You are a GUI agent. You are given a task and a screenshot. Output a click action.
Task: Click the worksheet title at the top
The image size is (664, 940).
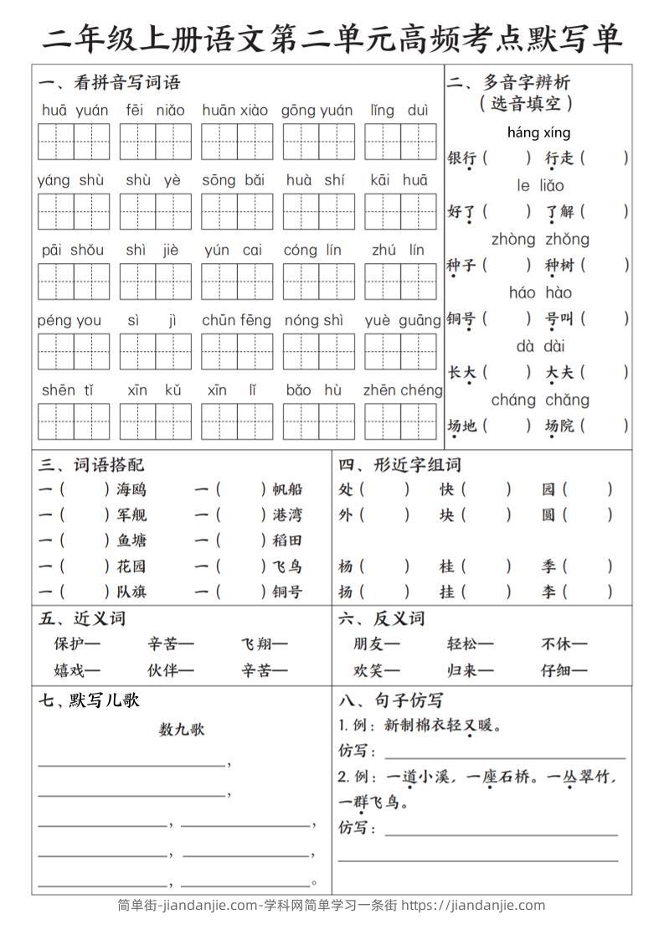(x=332, y=38)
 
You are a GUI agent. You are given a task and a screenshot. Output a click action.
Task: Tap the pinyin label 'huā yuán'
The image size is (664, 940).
(x=75, y=110)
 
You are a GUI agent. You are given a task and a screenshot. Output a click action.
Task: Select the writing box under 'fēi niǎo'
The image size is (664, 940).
(x=155, y=141)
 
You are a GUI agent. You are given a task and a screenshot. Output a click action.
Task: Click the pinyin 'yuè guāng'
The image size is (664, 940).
(x=403, y=320)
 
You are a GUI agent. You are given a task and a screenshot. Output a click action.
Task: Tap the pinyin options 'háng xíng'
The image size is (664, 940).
(x=538, y=132)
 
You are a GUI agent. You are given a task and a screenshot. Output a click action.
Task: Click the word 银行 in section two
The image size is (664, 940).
(x=462, y=158)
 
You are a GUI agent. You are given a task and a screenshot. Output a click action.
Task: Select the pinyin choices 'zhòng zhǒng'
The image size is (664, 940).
(x=540, y=240)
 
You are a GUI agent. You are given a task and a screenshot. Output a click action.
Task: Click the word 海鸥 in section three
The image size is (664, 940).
(x=131, y=489)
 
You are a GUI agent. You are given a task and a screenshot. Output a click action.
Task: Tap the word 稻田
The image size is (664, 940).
(x=287, y=540)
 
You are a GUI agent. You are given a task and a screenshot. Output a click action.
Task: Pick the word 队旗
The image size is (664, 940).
(x=131, y=591)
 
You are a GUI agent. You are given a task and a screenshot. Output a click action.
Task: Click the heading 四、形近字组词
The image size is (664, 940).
(x=399, y=465)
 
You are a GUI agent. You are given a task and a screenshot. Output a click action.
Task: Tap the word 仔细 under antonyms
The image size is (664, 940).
(x=564, y=670)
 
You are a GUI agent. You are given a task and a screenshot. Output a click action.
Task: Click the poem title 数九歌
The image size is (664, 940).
(x=182, y=730)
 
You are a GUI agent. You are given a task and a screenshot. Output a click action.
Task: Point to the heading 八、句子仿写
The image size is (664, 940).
(x=390, y=700)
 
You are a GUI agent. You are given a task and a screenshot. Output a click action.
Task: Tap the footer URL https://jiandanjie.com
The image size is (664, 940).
(x=473, y=906)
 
